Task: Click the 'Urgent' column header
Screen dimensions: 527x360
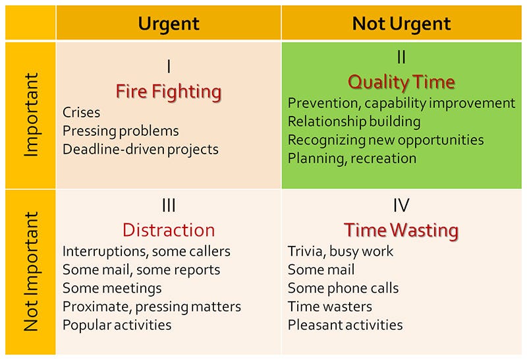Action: click(x=169, y=24)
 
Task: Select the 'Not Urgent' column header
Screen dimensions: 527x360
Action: click(x=401, y=24)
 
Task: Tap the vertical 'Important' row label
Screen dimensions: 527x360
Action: click(x=32, y=115)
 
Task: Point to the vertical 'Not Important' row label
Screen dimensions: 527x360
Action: click(x=31, y=271)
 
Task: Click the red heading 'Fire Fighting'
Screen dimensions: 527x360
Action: click(x=169, y=92)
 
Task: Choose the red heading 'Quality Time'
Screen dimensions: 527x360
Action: click(x=401, y=82)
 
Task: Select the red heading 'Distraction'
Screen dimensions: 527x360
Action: click(x=169, y=230)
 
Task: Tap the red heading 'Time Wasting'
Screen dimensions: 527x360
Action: click(x=401, y=231)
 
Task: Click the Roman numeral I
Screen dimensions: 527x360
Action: click(x=169, y=67)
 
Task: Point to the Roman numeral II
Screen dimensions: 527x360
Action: click(x=401, y=57)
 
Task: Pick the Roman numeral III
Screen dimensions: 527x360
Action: click(x=169, y=205)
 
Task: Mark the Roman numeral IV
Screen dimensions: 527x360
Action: click(x=401, y=205)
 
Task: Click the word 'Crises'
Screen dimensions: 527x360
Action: click(x=81, y=112)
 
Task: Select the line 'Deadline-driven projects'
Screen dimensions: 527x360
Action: click(x=140, y=150)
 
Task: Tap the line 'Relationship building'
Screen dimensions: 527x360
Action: click(x=354, y=121)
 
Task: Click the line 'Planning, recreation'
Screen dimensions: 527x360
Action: click(x=352, y=158)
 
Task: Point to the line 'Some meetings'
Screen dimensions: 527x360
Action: click(x=112, y=288)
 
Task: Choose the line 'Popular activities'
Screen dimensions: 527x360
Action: click(x=117, y=325)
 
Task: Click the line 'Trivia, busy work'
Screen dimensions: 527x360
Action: click(x=341, y=251)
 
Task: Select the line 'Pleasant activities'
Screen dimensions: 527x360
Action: click(x=345, y=325)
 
